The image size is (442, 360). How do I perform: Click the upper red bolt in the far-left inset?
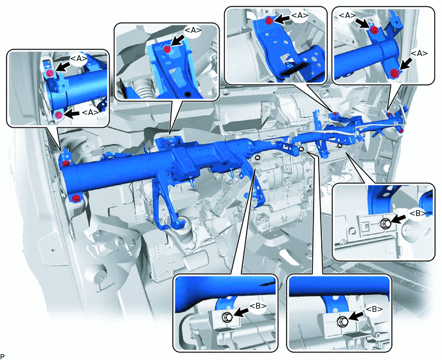[x=50, y=73]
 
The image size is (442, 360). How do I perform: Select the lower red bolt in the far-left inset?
[x=58, y=115]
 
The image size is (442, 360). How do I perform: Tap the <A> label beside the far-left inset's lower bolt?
[x=90, y=112]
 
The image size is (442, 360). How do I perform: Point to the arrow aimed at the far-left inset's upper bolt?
[x=62, y=67]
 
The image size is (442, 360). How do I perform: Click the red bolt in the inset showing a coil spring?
[x=167, y=50]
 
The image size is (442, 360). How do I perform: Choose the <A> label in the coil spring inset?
[x=193, y=30]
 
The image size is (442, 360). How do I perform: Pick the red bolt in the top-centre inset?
[x=269, y=21]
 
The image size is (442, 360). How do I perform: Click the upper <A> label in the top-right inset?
[x=347, y=16]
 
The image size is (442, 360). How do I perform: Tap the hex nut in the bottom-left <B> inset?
[x=227, y=317]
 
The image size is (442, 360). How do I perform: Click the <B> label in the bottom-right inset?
[x=374, y=309]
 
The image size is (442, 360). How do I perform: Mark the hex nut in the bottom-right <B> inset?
[x=342, y=321]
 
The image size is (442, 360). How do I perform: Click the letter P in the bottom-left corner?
[x=3, y=356]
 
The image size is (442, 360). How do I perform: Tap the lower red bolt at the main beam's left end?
[x=75, y=198]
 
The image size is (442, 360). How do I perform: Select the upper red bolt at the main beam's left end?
[x=66, y=163]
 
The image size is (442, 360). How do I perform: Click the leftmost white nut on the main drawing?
[x=257, y=157]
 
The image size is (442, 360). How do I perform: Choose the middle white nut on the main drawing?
[x=301, y=148]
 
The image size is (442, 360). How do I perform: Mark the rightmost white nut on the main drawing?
[x=340, y=145]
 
